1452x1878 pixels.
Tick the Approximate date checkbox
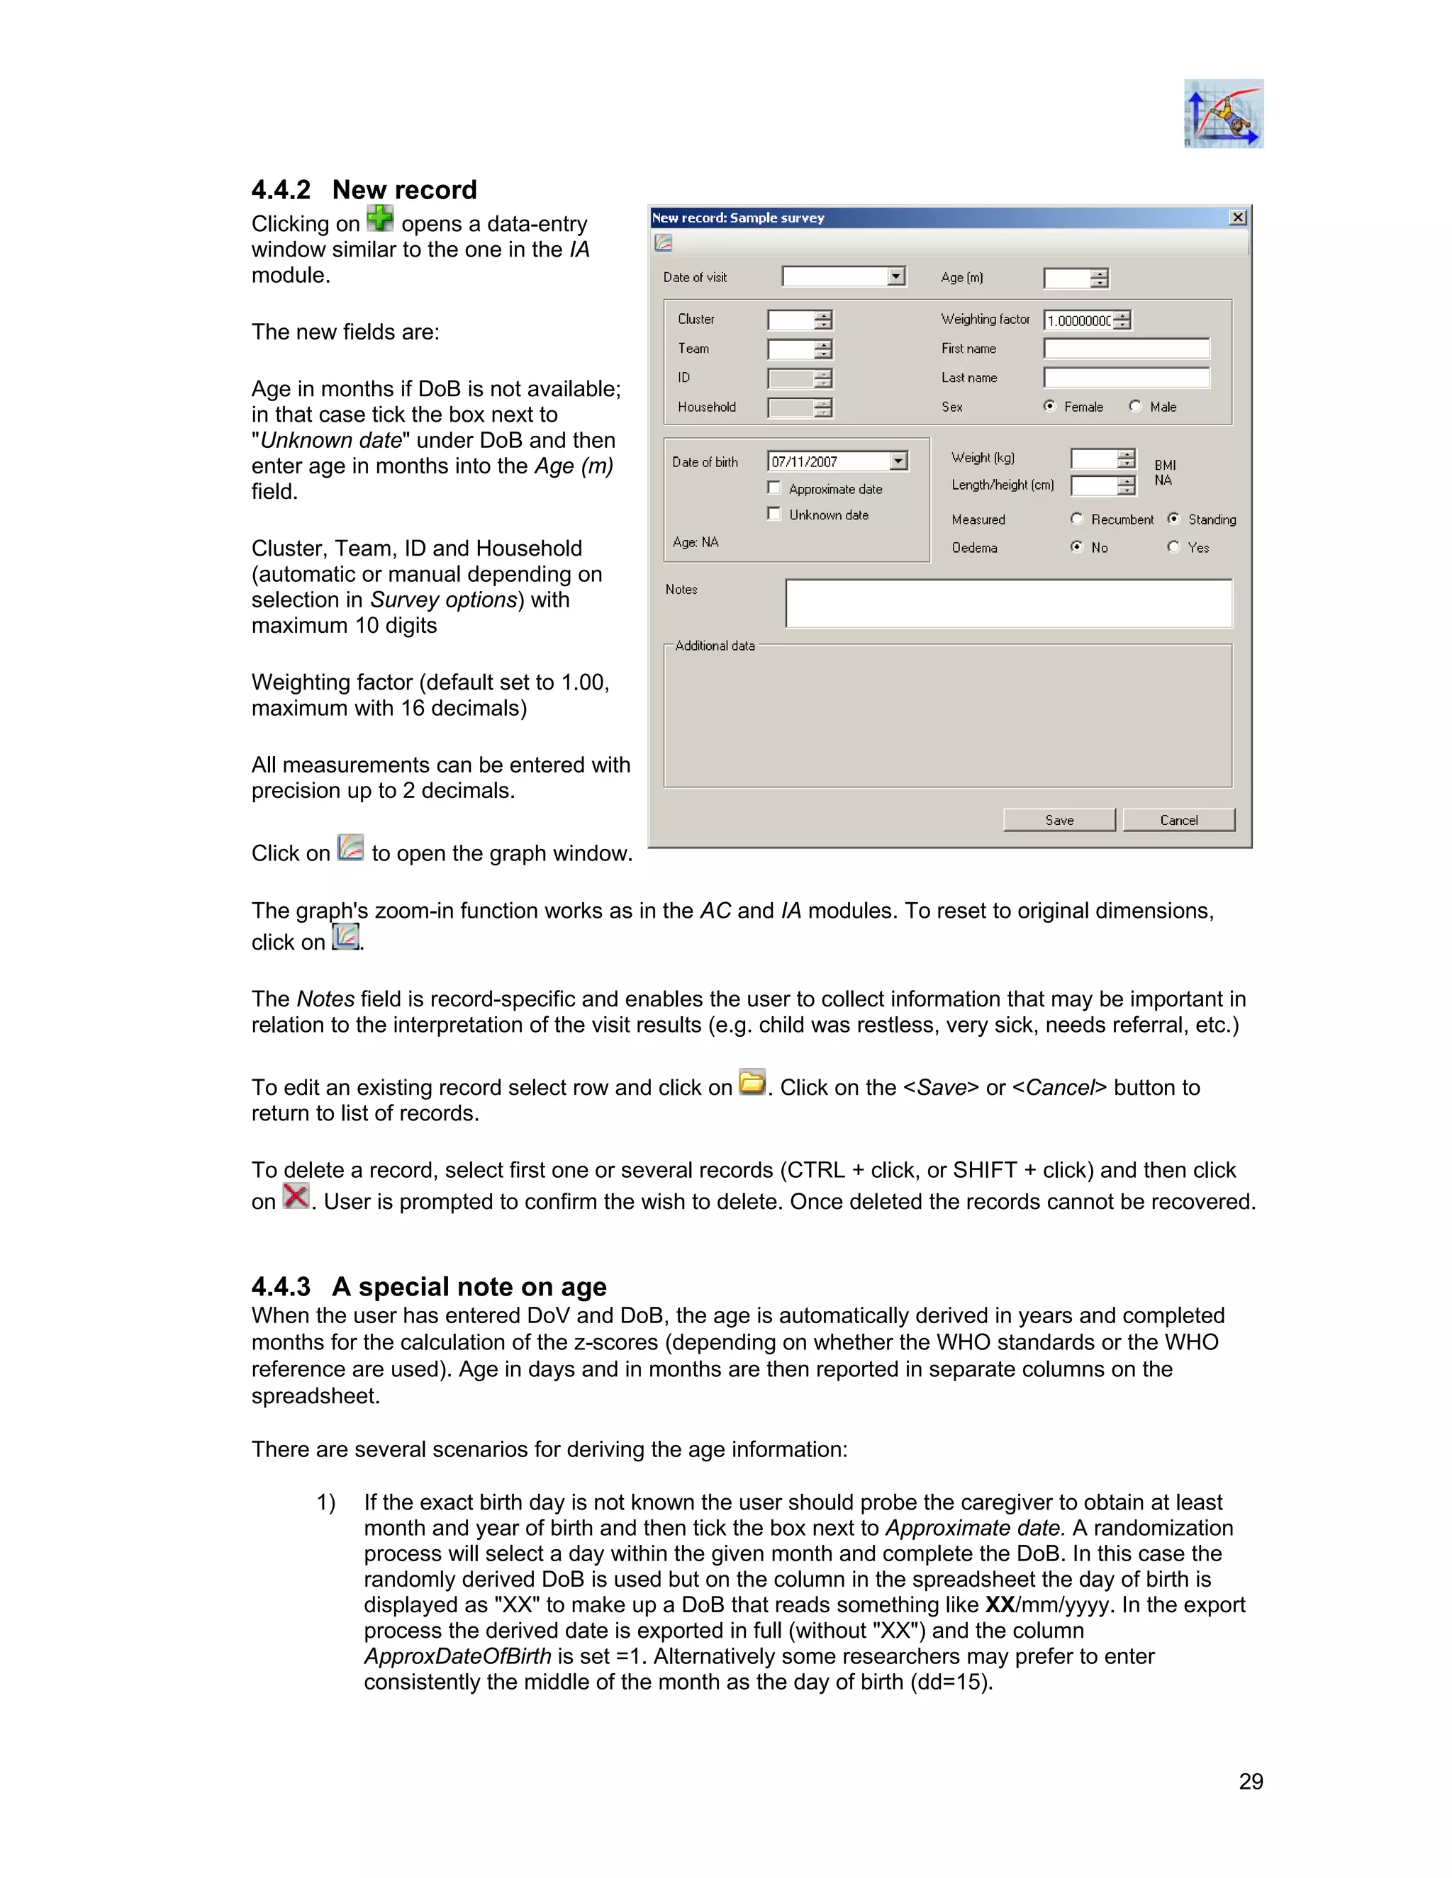pyautogui.click(x=774, y=488)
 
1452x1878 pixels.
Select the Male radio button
pyautogui.click(x=1136, y=406)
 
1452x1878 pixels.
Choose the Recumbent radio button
pyautogui.click(x=1077, y=519)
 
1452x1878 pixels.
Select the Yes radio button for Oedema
pyautogui.click(x=1173, y=547)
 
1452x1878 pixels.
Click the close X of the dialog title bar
pyautogui.click(x=1238, y=218)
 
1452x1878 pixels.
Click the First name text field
pyautogui.click(x=1126, y=348)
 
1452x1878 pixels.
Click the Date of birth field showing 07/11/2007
pyautogui.click(x=827, y=462)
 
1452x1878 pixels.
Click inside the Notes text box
pyautogui.click(x=1008, y=603)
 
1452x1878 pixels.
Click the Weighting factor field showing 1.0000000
pyautogui.click(x=1078, y=321)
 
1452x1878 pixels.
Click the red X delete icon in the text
pyautogui.click(x=295, y=1196)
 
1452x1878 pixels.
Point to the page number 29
pyautogui.click(x=1251, y=1782)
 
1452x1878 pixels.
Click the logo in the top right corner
pyautogui.click(x=1223, y=113)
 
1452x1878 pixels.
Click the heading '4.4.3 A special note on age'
pyautogui.click(x=428, y=1286)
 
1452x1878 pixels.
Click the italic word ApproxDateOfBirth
pyautogui.click(x=457, y=1656)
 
